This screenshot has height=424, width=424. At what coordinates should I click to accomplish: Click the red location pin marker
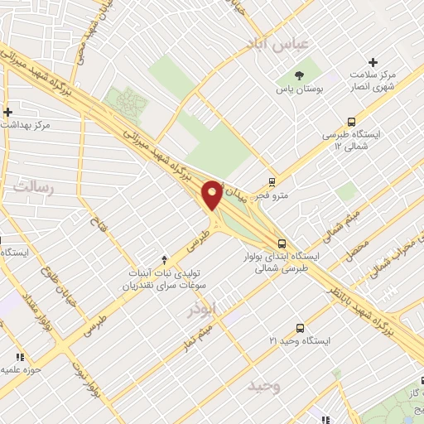pos(212,194)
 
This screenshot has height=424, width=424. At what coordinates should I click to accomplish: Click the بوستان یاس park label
pos(299,87)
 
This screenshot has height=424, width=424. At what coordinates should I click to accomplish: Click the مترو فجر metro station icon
pos(272,183)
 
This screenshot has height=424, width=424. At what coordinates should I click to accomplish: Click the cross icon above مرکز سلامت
pos(373,62)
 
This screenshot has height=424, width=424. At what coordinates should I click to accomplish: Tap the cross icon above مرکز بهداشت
pos(7,112)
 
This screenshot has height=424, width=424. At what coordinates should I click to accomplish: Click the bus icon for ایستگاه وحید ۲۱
pos(300,328)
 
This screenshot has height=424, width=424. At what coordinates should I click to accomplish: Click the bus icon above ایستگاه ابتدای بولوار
pos(283,243)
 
